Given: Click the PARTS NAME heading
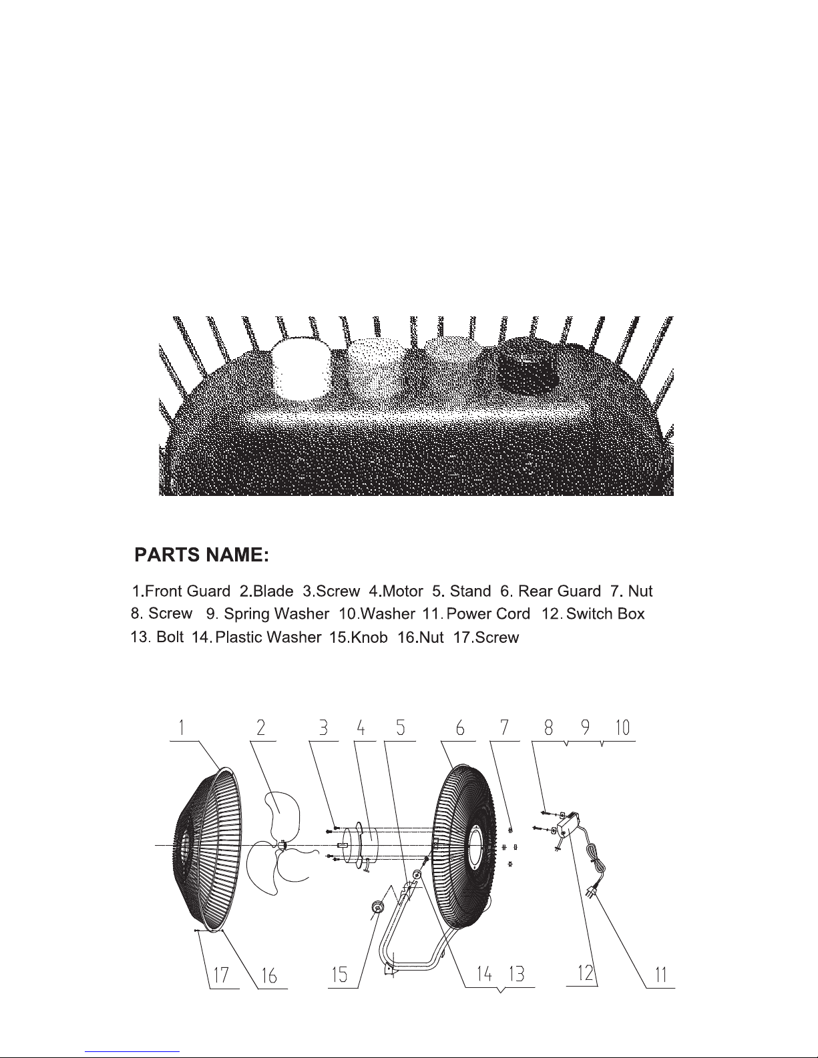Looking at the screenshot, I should point(202,555).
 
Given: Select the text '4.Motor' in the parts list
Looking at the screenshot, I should point(396,591).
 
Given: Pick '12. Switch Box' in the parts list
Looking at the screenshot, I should point(594,613).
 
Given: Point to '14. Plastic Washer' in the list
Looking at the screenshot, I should point(256,637).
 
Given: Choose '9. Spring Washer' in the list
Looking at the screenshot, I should point(266,613).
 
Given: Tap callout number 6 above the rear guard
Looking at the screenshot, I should point(460,728).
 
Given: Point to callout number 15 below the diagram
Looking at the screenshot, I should point(339,975).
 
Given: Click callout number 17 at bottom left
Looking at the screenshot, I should point(220,976).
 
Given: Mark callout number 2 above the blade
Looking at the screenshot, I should point(261,728).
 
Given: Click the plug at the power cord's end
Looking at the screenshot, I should point(592,891).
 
